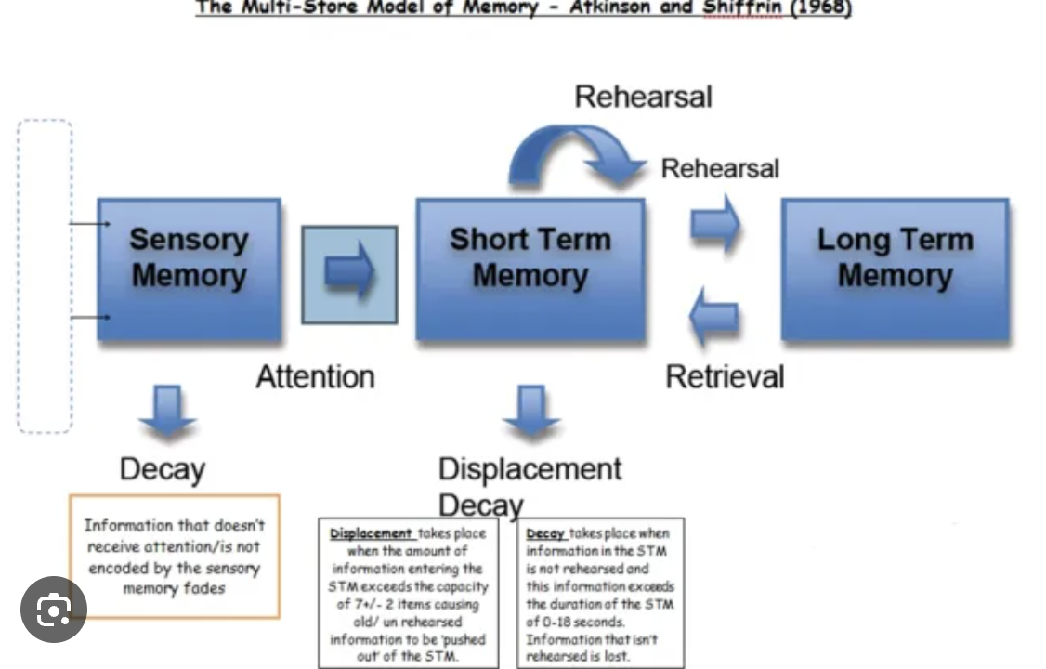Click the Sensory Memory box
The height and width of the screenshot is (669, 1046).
tap(189, 269)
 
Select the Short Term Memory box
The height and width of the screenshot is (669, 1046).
tap(530, 269)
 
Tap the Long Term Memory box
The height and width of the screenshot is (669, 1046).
tap(895, 269)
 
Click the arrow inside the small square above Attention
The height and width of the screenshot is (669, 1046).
tap(350, 274)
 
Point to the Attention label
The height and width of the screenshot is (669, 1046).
tap(315, 376)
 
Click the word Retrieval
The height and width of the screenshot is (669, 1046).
tap(725, 376)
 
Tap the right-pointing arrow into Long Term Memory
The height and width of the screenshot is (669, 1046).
tap(714, 224)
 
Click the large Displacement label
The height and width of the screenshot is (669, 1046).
tap(530, 468)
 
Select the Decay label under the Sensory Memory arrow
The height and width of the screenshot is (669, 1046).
tap(162, 469)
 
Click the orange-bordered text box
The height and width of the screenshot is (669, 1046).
tap(175, 556)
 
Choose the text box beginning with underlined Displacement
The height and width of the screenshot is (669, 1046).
tap(408, 593)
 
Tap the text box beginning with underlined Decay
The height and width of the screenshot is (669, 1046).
tap(600, 593)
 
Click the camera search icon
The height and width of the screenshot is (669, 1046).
tap(53, 610)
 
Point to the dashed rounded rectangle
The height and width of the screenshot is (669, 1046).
tap(45, 276)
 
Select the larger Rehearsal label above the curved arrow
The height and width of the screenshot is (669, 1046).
tap(643, 97)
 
